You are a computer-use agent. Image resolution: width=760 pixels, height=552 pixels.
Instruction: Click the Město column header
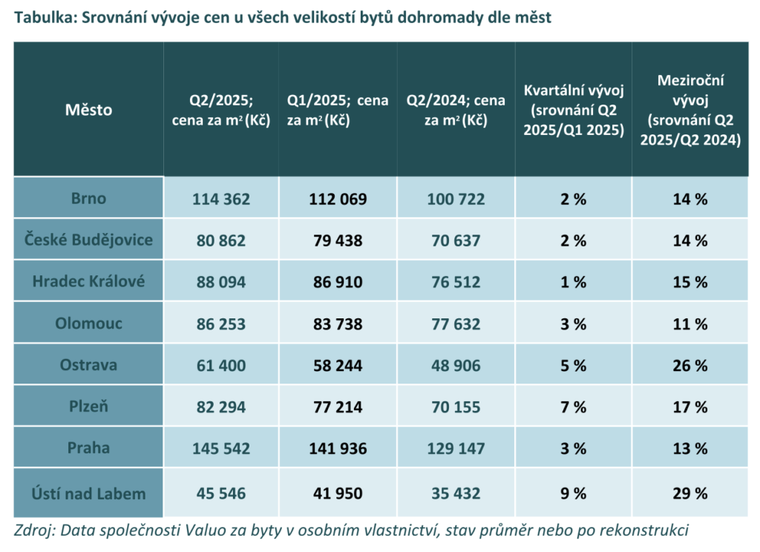(x=88, y=110)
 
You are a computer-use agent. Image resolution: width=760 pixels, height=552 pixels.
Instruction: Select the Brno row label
(x=88, y=198)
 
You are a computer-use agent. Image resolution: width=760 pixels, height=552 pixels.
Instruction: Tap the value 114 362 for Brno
(x=221, y=199)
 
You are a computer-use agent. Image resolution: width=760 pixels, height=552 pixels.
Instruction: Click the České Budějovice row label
(x=88, y=240)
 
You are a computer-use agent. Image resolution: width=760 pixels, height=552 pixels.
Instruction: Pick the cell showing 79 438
(x=337, y=240)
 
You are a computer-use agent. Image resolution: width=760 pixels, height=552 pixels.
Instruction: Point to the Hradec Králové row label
(x=88, y=281)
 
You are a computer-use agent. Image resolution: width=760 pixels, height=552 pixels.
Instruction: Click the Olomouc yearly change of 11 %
(x=690, y=323)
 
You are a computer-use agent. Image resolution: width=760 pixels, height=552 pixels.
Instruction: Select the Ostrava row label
(x=88, y=365)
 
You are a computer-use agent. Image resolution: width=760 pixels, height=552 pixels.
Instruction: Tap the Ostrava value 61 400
(x=221, y=366)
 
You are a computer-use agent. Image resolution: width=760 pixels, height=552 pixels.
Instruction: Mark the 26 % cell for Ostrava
(x=690, y=366)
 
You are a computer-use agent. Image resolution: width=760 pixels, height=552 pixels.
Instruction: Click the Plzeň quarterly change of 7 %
(x=574, y=407)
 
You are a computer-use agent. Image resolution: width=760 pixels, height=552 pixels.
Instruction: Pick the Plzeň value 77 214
(x=337, y=407)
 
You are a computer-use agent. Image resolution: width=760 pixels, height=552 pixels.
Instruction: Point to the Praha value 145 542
(x=221, y=449)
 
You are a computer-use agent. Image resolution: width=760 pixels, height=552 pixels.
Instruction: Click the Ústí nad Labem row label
(x=88, y=493)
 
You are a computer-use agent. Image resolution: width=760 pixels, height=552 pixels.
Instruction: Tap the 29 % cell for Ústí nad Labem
(x=690, y=493)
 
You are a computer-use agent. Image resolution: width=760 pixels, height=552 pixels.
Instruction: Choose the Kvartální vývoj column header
(x=574, y=110)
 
